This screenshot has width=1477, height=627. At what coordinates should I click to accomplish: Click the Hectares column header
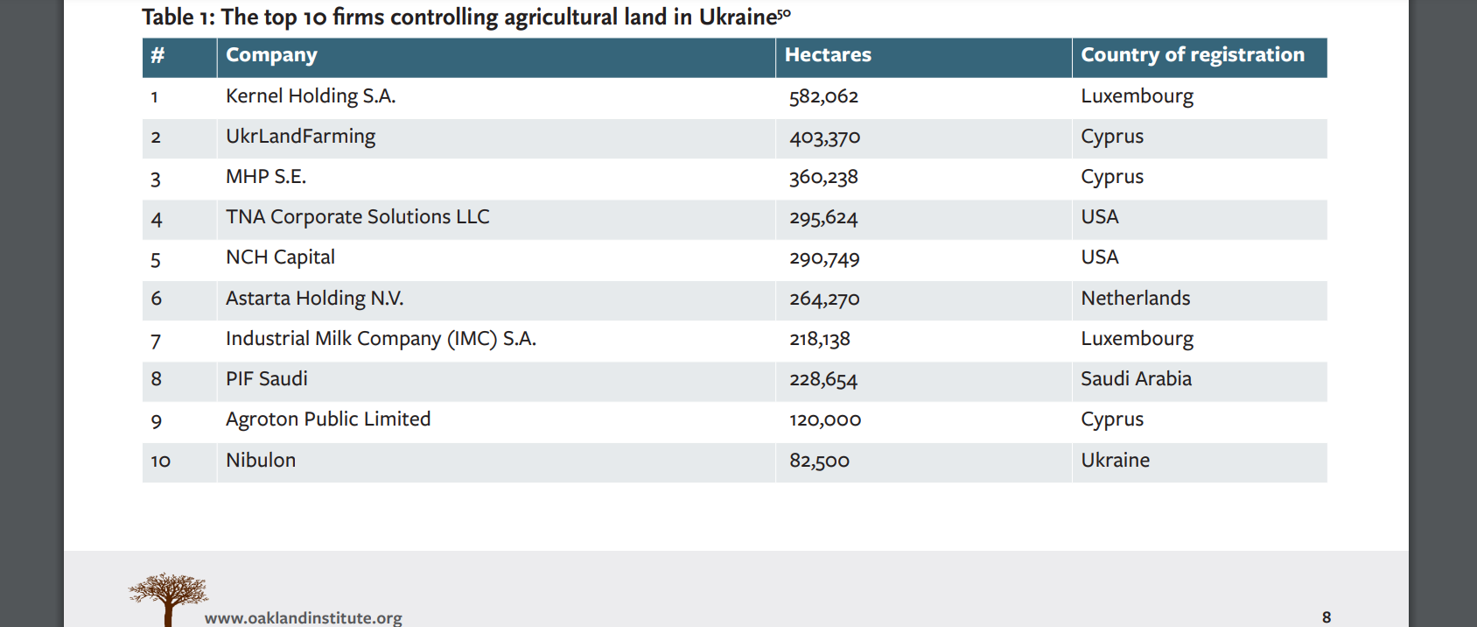point(828,55)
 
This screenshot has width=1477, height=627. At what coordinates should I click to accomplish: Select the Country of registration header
point(1192,55)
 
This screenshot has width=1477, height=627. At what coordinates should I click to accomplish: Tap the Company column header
point(271,55)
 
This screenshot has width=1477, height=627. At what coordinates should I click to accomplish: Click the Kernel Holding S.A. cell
point(311,96)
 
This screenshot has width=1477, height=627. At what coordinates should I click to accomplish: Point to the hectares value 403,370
point(824,137)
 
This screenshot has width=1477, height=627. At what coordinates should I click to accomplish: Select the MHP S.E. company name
point(266,177)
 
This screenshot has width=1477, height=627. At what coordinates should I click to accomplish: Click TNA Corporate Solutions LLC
point(357,217)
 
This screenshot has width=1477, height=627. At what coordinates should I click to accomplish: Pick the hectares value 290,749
point(824,258)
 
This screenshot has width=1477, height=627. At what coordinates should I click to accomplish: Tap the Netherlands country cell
point(1135,299)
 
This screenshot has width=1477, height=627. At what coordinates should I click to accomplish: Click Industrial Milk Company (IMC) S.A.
point(381,339)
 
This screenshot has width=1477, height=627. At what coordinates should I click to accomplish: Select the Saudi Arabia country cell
point(1136,379)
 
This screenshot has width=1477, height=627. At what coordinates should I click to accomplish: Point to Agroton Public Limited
point(328,419)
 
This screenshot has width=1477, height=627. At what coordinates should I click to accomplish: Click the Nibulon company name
point(261,461)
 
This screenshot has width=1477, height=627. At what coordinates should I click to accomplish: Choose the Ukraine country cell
point(1115,461)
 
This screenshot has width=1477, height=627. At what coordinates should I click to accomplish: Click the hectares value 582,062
point(823,96)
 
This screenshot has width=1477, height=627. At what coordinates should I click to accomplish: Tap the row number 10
point(160,461)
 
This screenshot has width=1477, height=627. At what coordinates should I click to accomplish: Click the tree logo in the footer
point(168,597)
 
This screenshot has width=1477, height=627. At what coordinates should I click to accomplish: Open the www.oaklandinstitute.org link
point(304,617)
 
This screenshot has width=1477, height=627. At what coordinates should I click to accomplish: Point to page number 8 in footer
point(1326,617)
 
